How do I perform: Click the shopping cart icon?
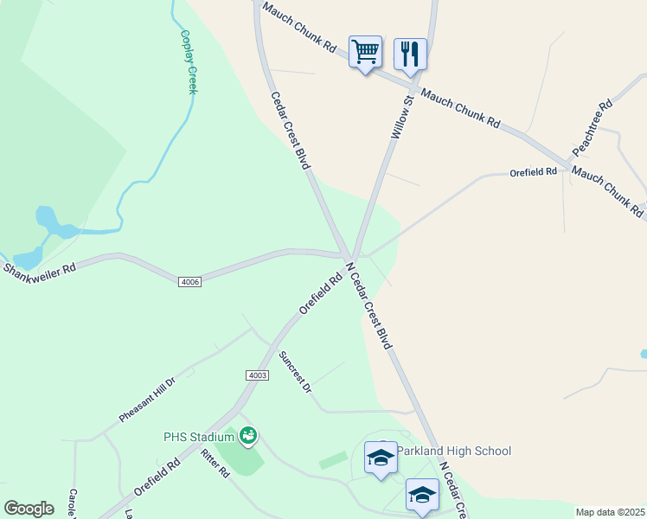[365, 53]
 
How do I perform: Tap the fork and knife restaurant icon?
[410, 54]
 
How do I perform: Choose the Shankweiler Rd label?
[39, 269]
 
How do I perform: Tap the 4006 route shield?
[191, 282]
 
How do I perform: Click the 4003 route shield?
[257, 375]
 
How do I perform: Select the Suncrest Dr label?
[295, 372]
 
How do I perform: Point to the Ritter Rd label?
[215, 464]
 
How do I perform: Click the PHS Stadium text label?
[199, 436]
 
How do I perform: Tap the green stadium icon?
[248, 435]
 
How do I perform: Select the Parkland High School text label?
[455, 451]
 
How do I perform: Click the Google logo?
[29, 509]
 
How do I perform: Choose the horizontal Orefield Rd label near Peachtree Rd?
[533, 172]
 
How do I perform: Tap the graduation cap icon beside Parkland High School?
[381, 458]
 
